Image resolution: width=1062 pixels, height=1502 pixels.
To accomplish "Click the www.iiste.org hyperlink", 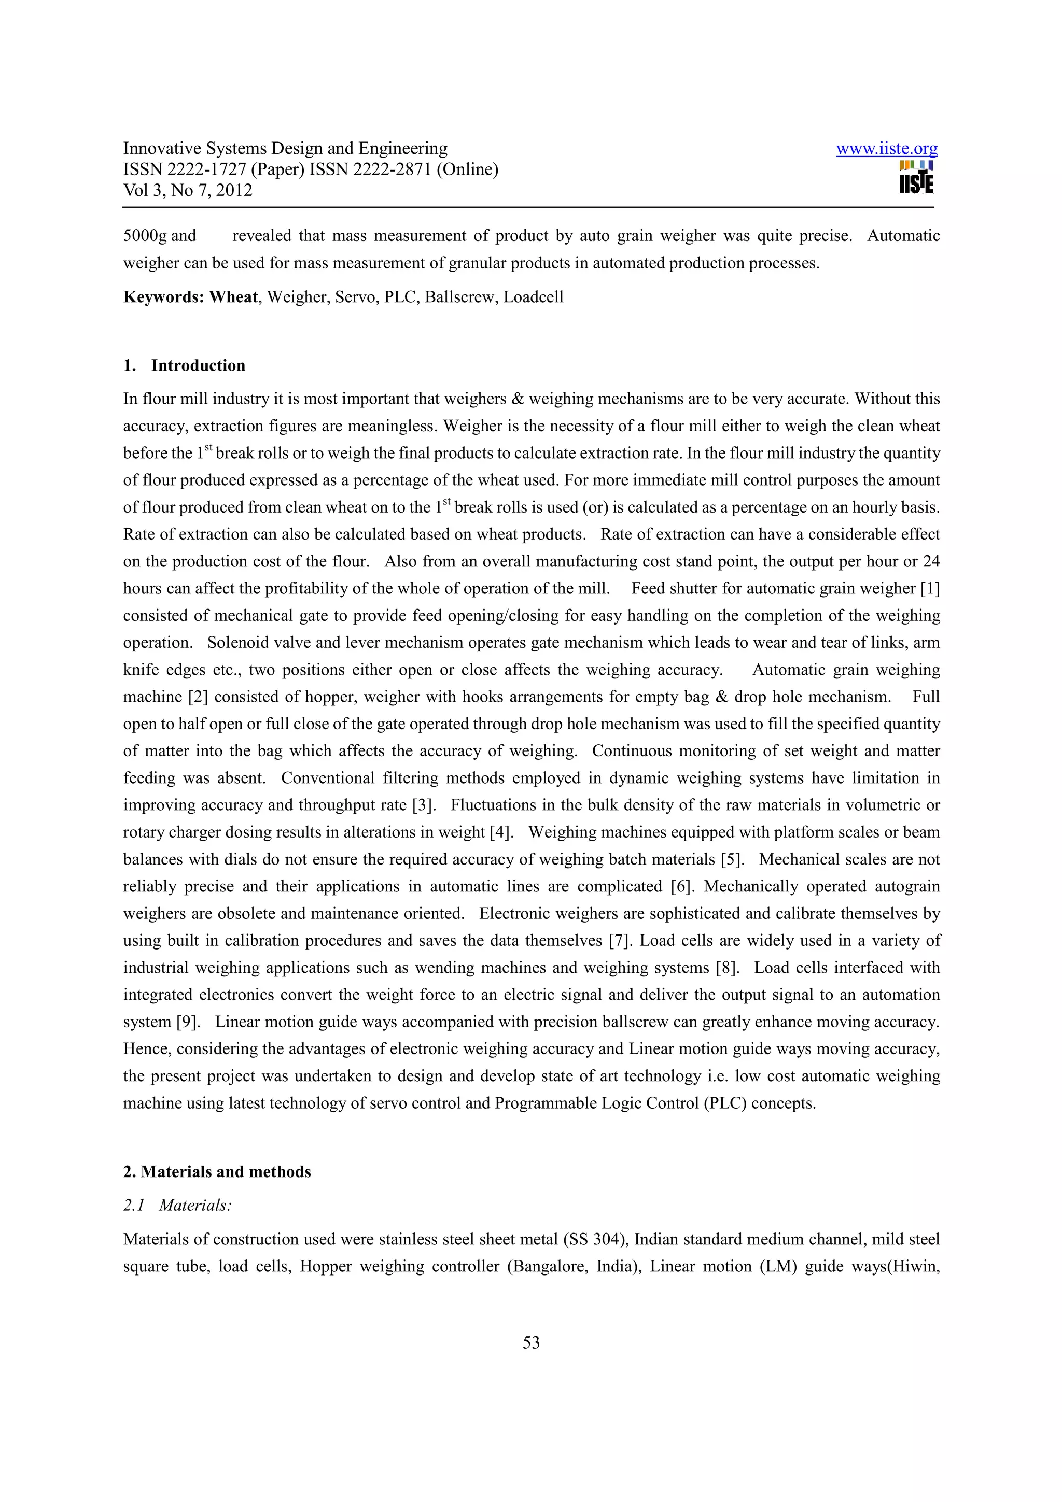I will click(x=886, y=149).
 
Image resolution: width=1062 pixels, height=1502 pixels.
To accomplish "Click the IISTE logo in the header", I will click(x=916, y=178).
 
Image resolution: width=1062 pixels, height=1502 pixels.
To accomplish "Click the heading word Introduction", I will click(x=198, y=366).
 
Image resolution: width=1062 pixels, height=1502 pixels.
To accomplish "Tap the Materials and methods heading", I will click(x=225, y=1172).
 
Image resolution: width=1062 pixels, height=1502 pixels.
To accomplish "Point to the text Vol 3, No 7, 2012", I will click(x=188, y=190).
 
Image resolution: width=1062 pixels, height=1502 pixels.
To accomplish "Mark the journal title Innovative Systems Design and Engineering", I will click(x=285, y=149).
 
